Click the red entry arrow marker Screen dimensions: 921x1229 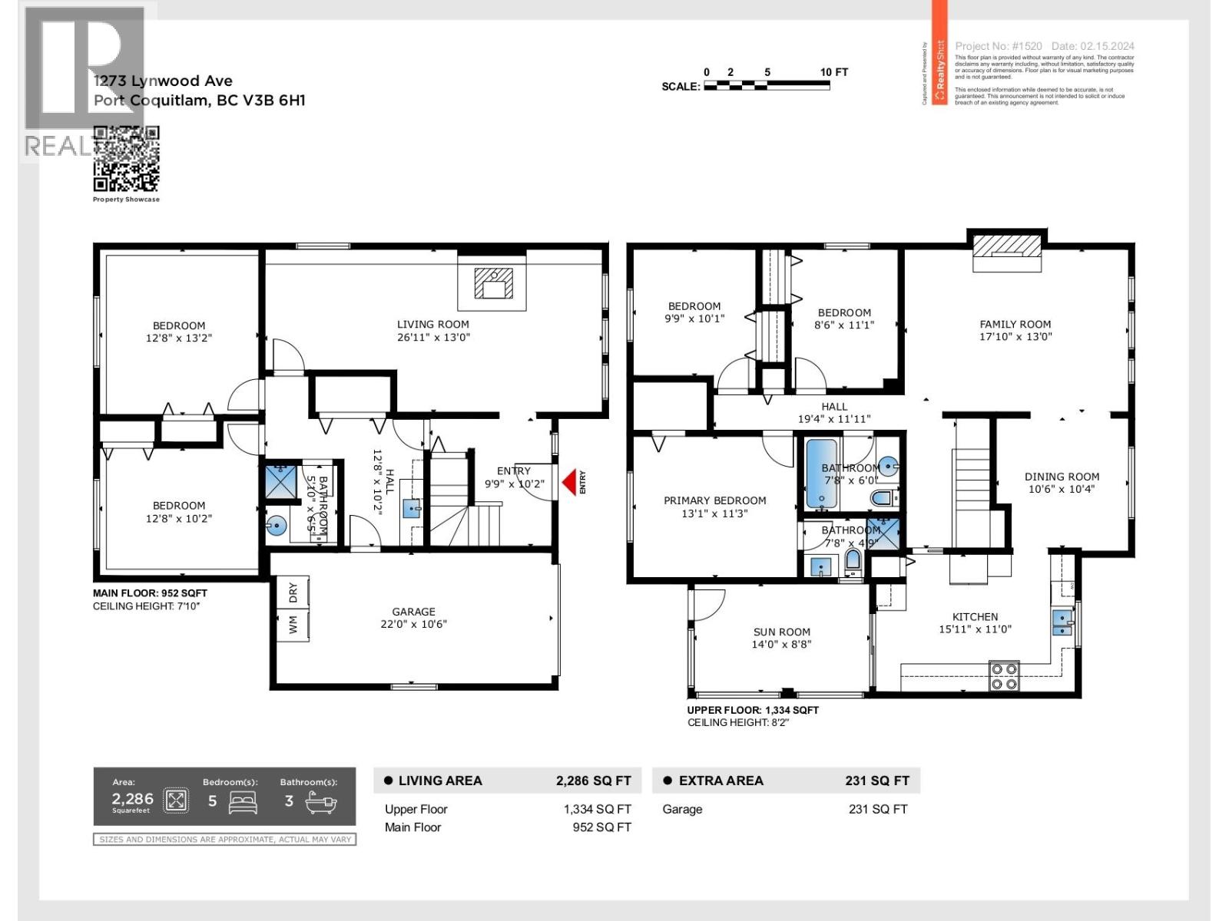[x=569, y=482]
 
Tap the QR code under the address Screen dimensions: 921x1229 [x=126, y=159]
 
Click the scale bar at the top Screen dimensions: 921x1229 [x=766, y=86]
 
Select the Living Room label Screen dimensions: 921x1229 [x=432, y=325]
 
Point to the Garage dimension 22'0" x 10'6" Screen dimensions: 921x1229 [x=413, y=624]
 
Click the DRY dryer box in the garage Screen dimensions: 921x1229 [x=293, y=592]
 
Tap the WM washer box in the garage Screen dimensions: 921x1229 [x=293, y=626]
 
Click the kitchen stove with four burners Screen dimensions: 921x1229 [x=1004, y=675]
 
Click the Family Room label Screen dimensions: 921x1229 [x=1015, y=325]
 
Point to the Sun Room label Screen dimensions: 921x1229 [x=781, y=632]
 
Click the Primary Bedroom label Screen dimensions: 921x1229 [x=714, y=500]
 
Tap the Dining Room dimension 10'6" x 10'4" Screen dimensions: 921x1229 [x=1062, y=489]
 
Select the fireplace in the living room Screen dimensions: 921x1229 [x=492, y=284]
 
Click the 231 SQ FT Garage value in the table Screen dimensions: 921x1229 [x=878, y=809]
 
